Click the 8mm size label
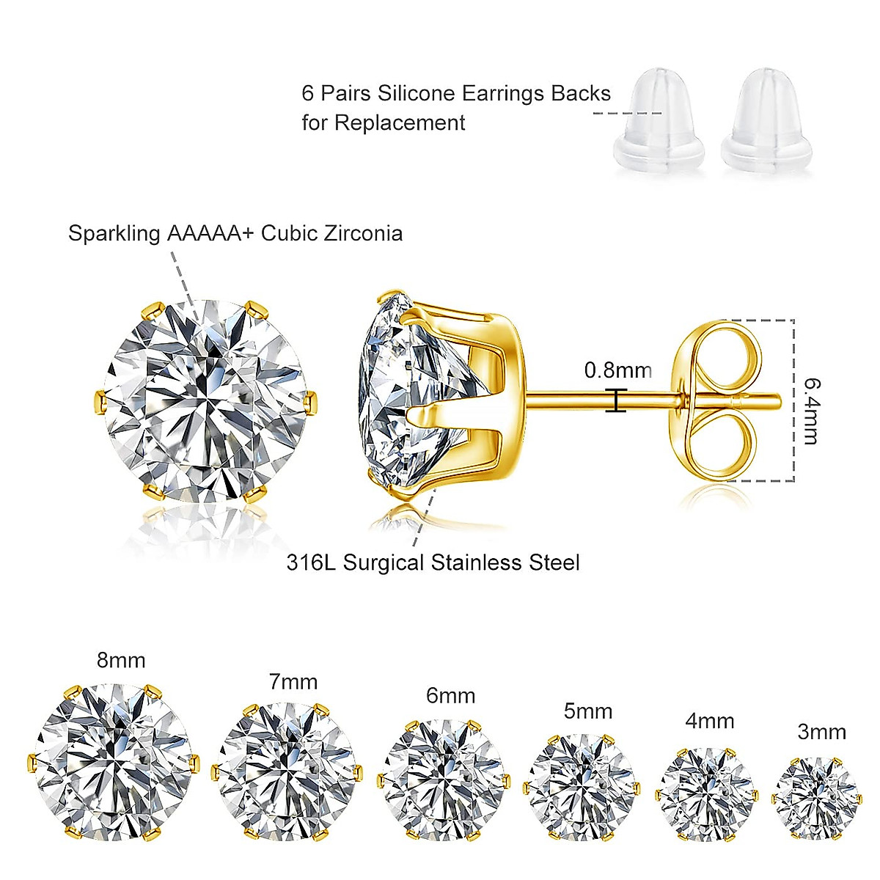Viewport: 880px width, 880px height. [121, 660]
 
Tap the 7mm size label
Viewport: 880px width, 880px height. [293, 682]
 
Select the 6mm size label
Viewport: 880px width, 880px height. [450, 695]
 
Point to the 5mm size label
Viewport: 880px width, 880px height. [587, 711]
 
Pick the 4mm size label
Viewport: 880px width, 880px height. [709, 721]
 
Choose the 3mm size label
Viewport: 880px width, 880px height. [821, 732]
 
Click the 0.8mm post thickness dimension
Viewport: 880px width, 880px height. [617, 370]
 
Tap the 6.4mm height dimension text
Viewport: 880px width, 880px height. [811, 411]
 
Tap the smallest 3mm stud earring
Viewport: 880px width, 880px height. [815, 798]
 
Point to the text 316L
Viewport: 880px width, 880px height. [311, 563]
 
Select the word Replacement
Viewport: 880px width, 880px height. [400, 122]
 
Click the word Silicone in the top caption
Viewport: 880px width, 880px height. [415, 94]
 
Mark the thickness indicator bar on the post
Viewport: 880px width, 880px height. [616, 400]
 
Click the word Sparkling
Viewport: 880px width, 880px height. [114, 234]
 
